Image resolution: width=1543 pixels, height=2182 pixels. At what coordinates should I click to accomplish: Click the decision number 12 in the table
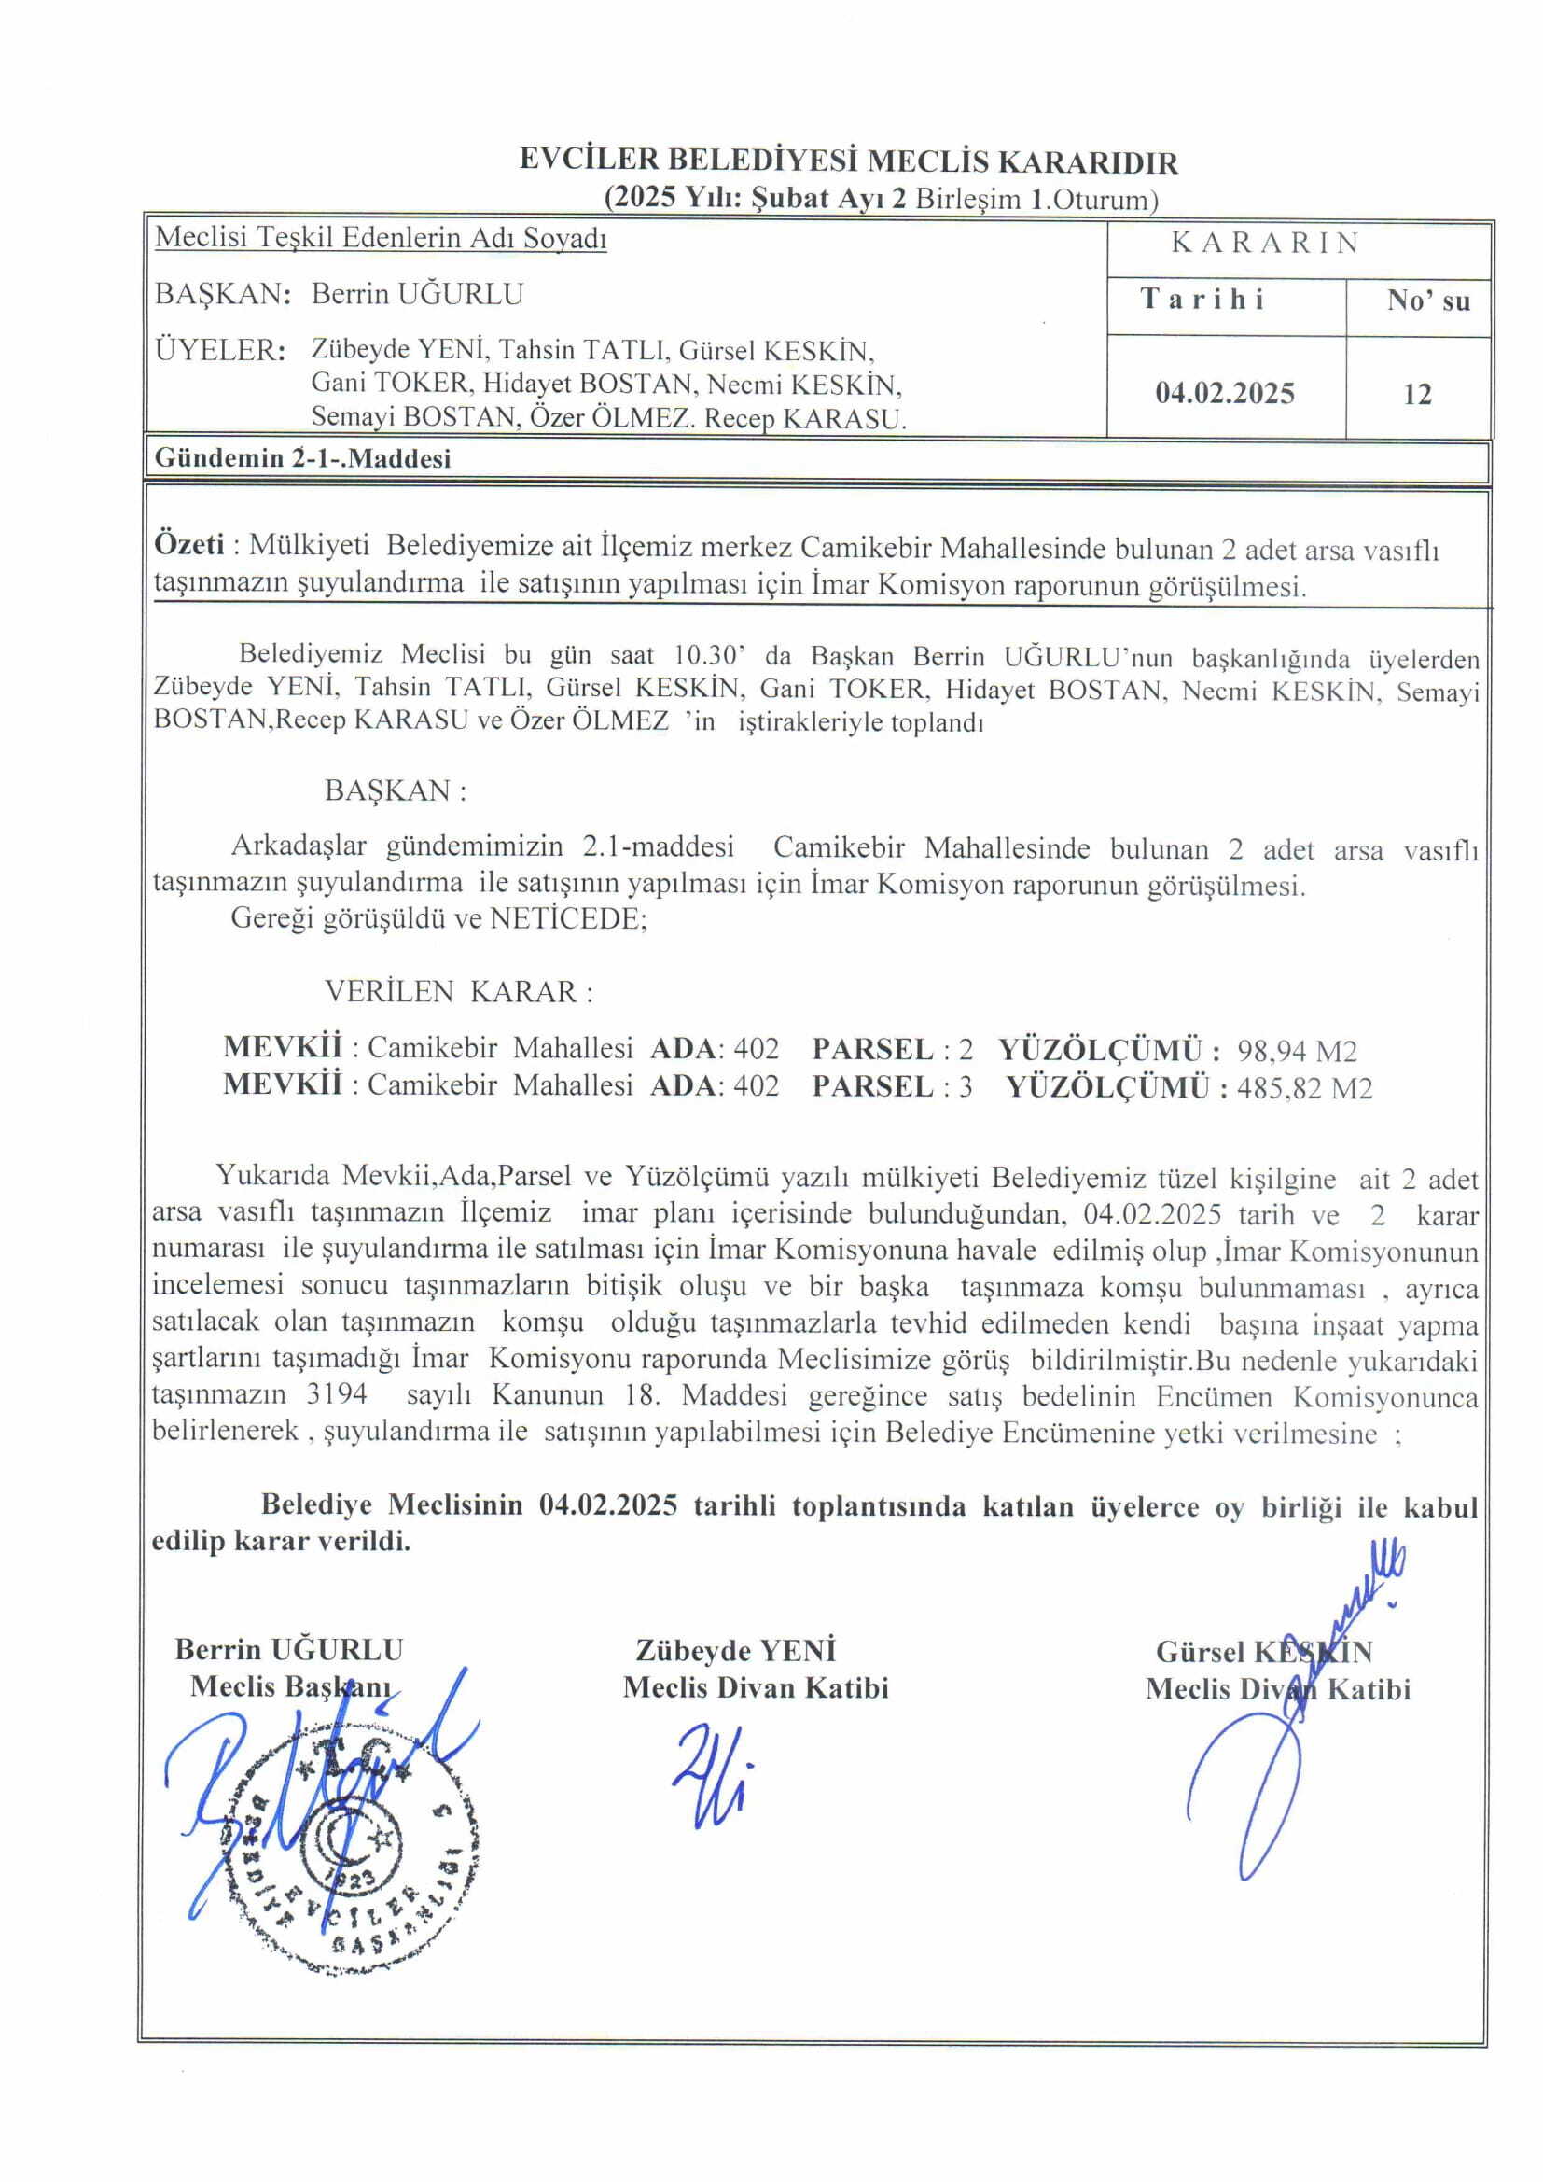click(1417, 394)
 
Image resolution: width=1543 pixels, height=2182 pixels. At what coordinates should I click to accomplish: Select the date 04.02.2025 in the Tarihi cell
click(1225, 394)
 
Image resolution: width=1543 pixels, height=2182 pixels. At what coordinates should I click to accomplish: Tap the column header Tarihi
click(1202, 300)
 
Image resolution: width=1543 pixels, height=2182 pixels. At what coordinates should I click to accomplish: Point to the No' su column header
click(1428, 301)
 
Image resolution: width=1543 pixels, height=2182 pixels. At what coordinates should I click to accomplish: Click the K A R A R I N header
click(1265, 244)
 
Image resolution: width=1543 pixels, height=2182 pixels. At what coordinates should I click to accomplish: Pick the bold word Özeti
click(189, 544)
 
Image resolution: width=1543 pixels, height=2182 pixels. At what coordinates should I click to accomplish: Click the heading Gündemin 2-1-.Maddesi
click(302, 458)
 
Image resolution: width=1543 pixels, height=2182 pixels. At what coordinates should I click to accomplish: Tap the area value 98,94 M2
click(1297, 1051)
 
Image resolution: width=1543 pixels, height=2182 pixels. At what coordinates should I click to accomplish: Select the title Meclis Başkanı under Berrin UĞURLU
click(290, 1686)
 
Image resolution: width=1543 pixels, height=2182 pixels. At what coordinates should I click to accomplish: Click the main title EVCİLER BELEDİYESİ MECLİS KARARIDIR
click(848, 161)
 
